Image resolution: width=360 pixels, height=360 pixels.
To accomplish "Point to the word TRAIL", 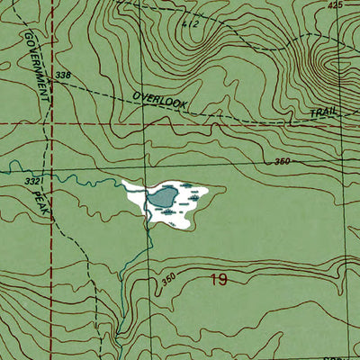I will coord(323,115).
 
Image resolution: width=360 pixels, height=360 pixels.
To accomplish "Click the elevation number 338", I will coord(62,76).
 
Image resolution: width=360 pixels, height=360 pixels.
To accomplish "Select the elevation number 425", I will coord(336,6).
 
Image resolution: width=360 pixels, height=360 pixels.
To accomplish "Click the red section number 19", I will coord(218,280).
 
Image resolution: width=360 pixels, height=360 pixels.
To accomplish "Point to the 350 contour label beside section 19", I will coord(168,278).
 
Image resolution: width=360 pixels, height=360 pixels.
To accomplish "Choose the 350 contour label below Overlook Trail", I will coord(281,161).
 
